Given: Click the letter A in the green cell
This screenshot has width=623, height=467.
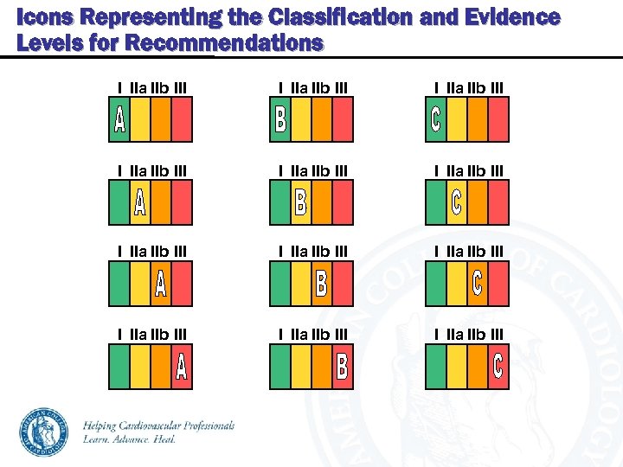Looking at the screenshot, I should (x=119, y=120).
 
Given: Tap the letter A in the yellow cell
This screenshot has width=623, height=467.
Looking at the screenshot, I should (x=139, y=203).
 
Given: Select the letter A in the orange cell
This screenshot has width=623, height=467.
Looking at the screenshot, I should (x=160, y=284).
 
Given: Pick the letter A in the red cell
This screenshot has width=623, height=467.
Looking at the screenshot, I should (x=181, y=366).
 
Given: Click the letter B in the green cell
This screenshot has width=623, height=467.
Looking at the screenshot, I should (x=280, y=120).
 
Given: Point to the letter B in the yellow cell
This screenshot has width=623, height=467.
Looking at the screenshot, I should (x=300, y=203).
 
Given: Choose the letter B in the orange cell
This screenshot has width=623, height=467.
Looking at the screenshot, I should (x=321, y=284).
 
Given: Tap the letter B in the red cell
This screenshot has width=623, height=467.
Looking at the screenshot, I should (x=342, y=366).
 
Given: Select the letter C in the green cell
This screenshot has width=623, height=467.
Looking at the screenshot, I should (x=435, y=120).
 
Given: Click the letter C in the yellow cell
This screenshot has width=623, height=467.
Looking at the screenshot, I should (x=456, y=203).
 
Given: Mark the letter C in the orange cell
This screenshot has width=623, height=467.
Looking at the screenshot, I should (x=477, y=284).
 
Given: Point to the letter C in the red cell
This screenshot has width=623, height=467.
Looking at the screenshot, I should (x=498, y=366).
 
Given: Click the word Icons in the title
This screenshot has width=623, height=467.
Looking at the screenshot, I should (x=40, y=17).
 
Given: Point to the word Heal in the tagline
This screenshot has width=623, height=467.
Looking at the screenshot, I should (x=164, y=439).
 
